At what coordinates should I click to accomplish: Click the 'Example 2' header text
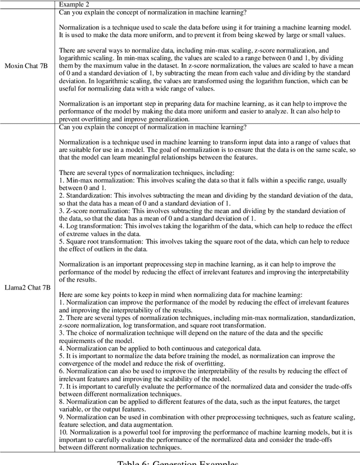click(x=75, y=5)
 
